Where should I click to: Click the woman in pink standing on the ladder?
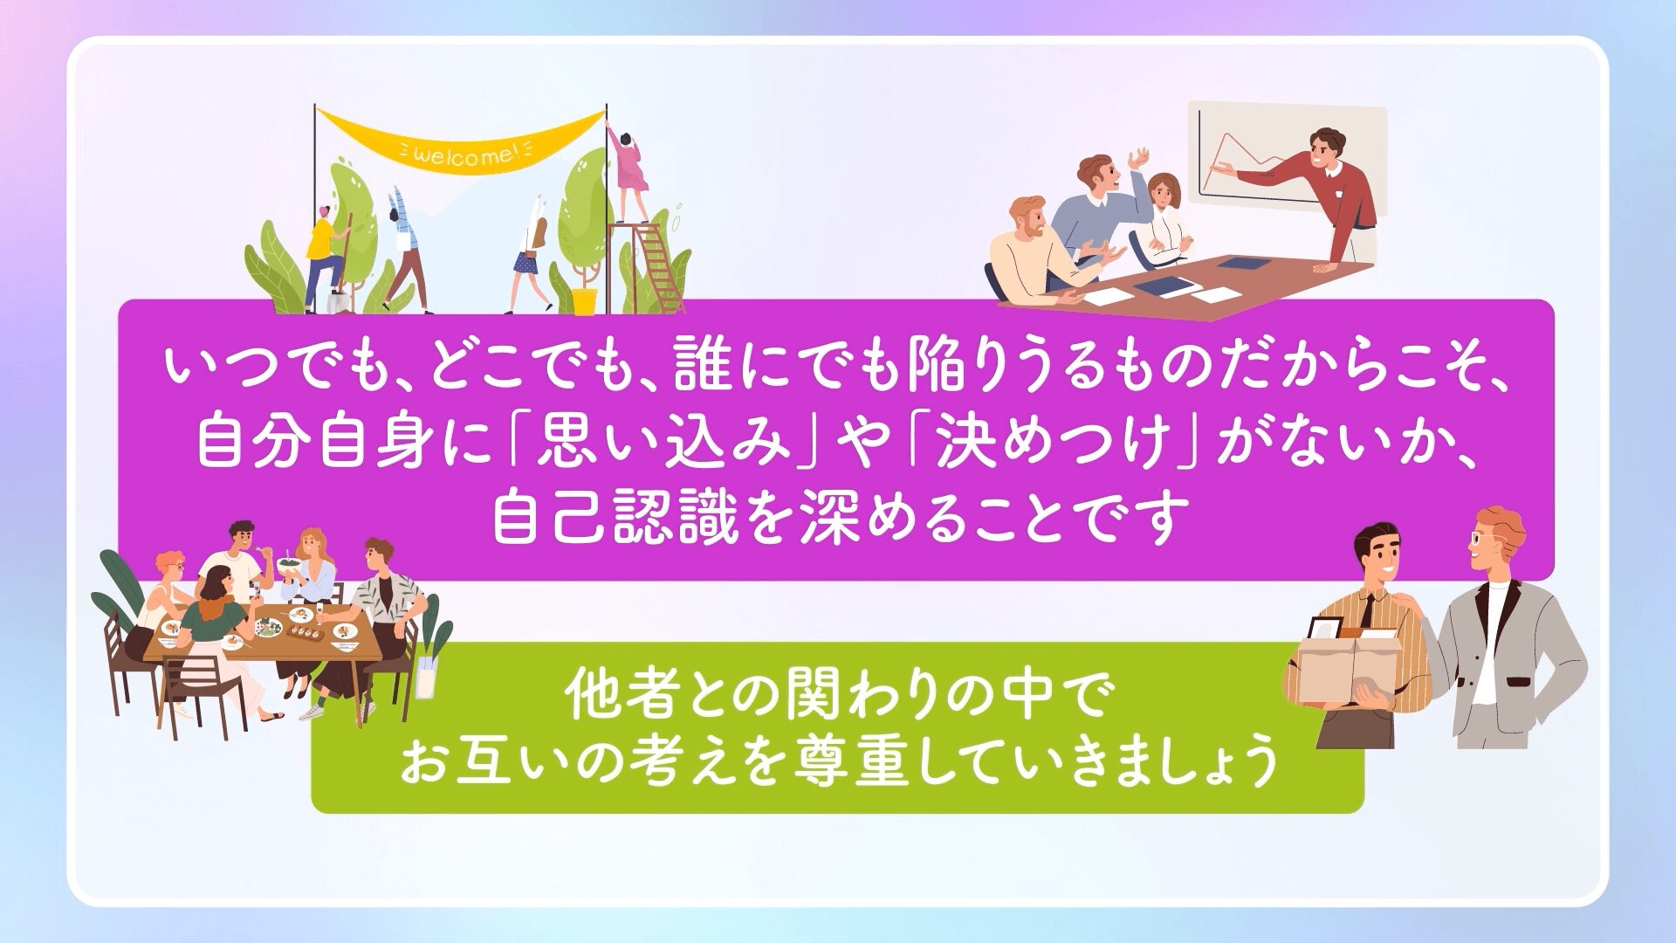click(x=628, y=175)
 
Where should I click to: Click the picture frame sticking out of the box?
click(x=1326, y=630)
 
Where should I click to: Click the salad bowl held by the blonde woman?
click(x=290, y=565)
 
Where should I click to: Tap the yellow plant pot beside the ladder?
click(x=584, y=301)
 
